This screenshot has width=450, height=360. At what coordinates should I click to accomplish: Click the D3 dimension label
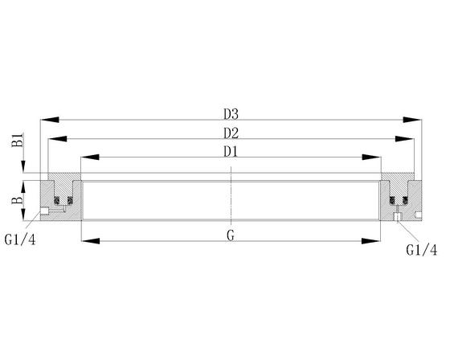[231, 112]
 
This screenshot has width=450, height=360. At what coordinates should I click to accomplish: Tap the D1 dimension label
[231, 150]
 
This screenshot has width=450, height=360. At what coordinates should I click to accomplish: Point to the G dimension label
[231, 235]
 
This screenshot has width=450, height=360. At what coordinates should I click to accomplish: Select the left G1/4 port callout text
[19, 239]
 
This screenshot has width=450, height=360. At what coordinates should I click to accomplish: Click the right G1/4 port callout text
[421, 250]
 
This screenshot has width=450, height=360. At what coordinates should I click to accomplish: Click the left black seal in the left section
[57, 198]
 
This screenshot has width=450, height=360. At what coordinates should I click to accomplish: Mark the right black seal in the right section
[405, 198]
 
